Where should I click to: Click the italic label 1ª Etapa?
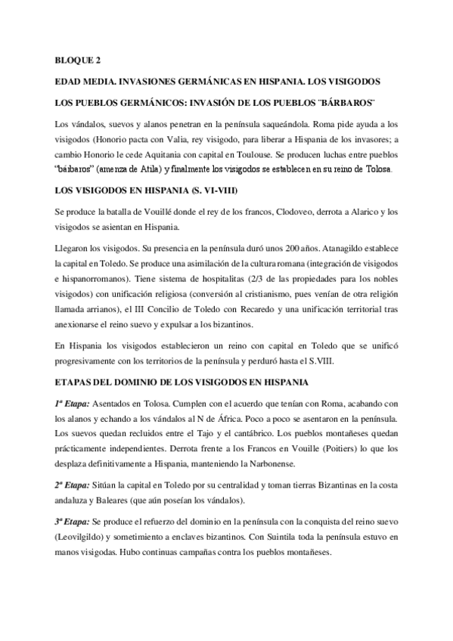(x=73, y=405)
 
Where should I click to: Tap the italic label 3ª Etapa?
(x=73, y=520)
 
